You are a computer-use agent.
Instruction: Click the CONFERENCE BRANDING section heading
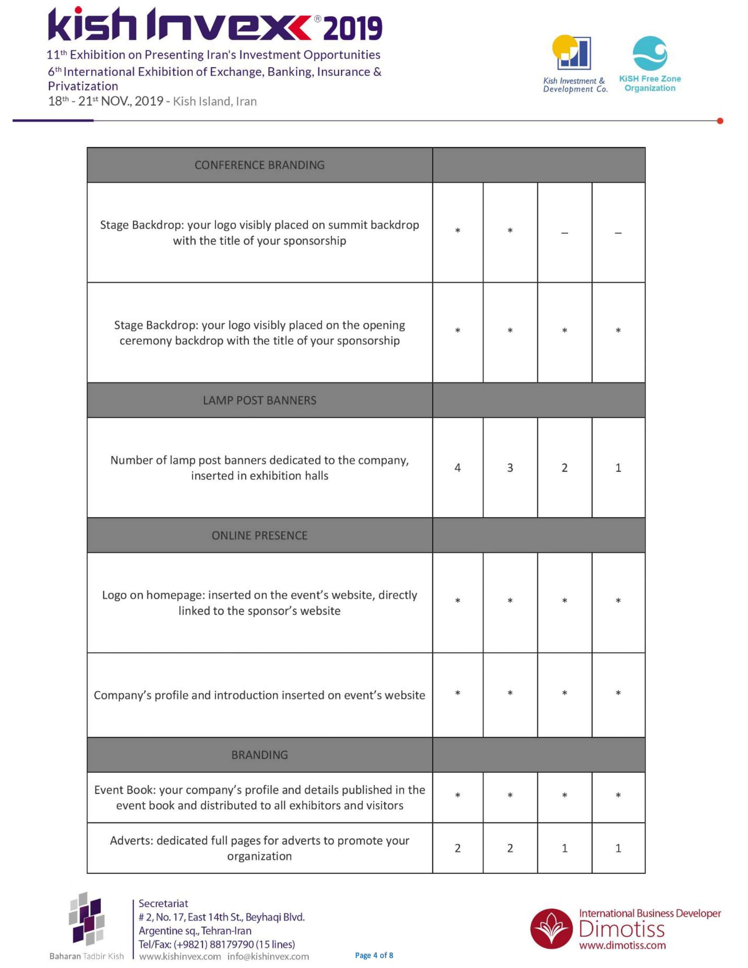tap(259, 165)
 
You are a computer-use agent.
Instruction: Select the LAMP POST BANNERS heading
tap(259, 400)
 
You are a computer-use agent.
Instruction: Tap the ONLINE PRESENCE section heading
tap(259, 535)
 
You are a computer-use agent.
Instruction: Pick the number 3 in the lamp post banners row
tap(510, 468)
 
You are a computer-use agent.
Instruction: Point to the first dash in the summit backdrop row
tap(565, 233)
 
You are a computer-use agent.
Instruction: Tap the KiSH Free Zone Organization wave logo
tap(650, 53)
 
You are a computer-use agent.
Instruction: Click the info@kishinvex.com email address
tap(268, 957)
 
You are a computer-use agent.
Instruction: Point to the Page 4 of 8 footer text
tap(374, 955)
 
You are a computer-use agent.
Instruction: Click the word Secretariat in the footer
tap(163, 903)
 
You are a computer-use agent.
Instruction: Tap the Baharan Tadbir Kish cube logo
tap(87, 919)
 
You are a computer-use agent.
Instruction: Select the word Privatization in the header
tap(83, 86)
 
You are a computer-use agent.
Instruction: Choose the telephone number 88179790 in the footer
tap(232, 944)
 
